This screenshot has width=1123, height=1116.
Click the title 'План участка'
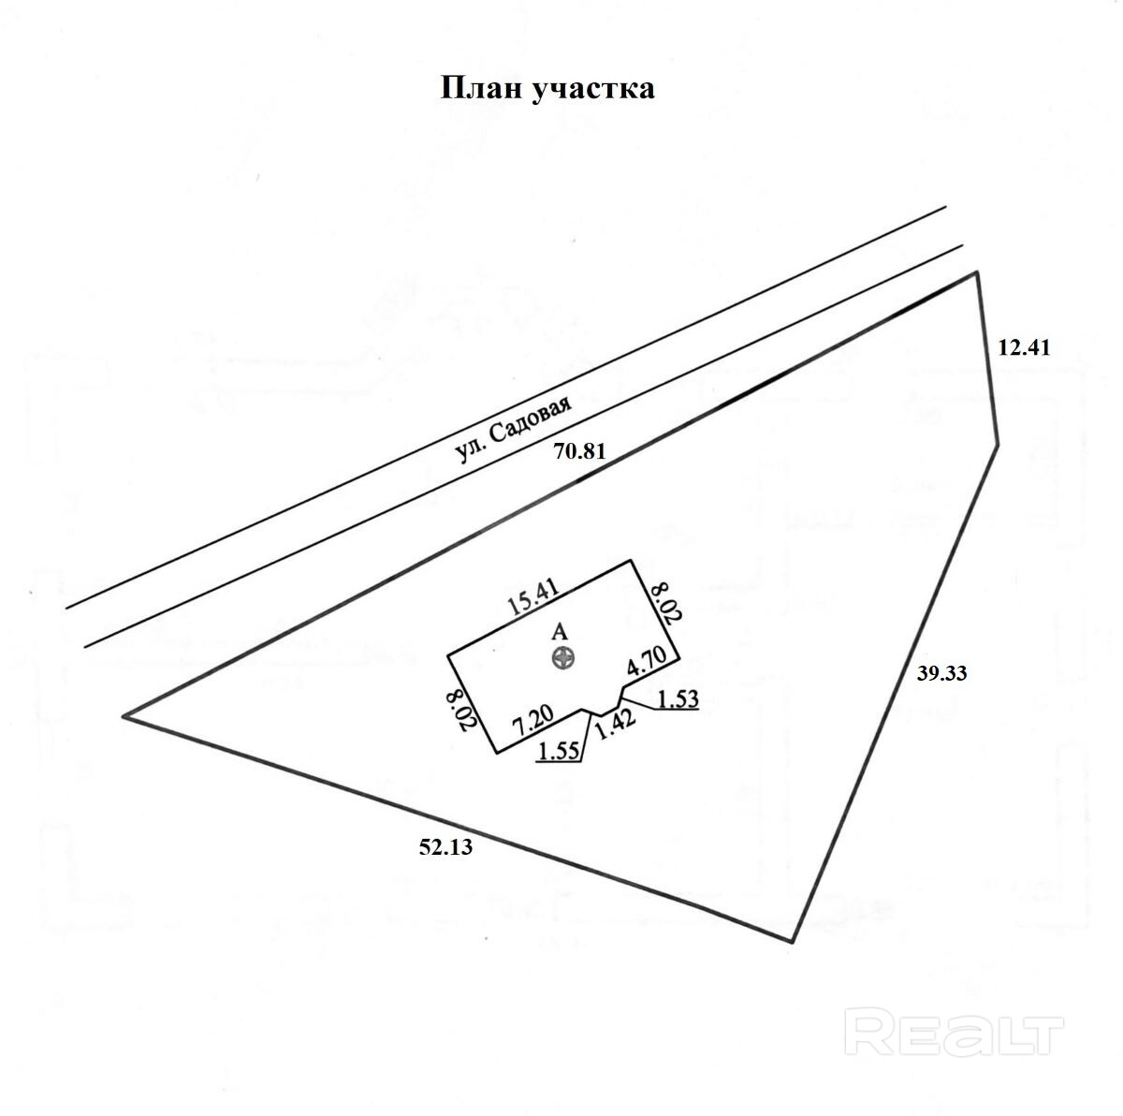coord(547,89)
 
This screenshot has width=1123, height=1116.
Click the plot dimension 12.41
coord(1025,348)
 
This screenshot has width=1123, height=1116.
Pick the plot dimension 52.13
coord(446,848)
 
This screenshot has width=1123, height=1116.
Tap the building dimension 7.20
coord(533,723)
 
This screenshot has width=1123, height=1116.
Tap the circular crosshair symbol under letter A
coord(562,658)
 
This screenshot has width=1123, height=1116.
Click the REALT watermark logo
coord(955,1035)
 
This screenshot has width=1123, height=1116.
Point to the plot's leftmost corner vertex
coord(124,717)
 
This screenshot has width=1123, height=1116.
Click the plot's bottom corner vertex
coord(794,941)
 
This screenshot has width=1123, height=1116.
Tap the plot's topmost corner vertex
coord(978,272)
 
